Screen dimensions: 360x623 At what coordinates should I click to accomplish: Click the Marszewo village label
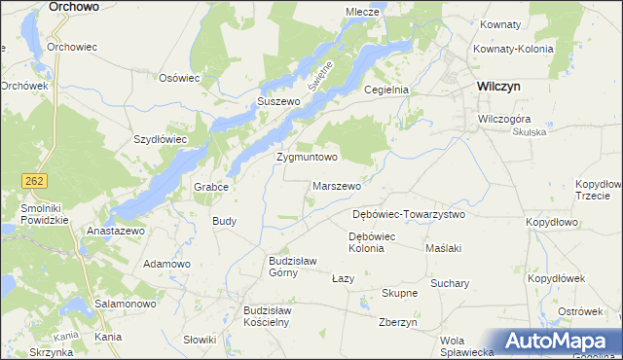tap(338, 185)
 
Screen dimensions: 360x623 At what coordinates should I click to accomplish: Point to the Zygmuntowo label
tap(307, 156)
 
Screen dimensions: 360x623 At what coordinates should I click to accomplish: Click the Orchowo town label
tap(73, 6)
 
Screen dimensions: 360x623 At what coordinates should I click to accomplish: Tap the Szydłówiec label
tap(160, 139)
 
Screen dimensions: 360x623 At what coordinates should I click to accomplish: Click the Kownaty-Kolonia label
tap(513, 48)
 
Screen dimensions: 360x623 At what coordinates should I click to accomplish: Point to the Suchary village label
tap(449, 284)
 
